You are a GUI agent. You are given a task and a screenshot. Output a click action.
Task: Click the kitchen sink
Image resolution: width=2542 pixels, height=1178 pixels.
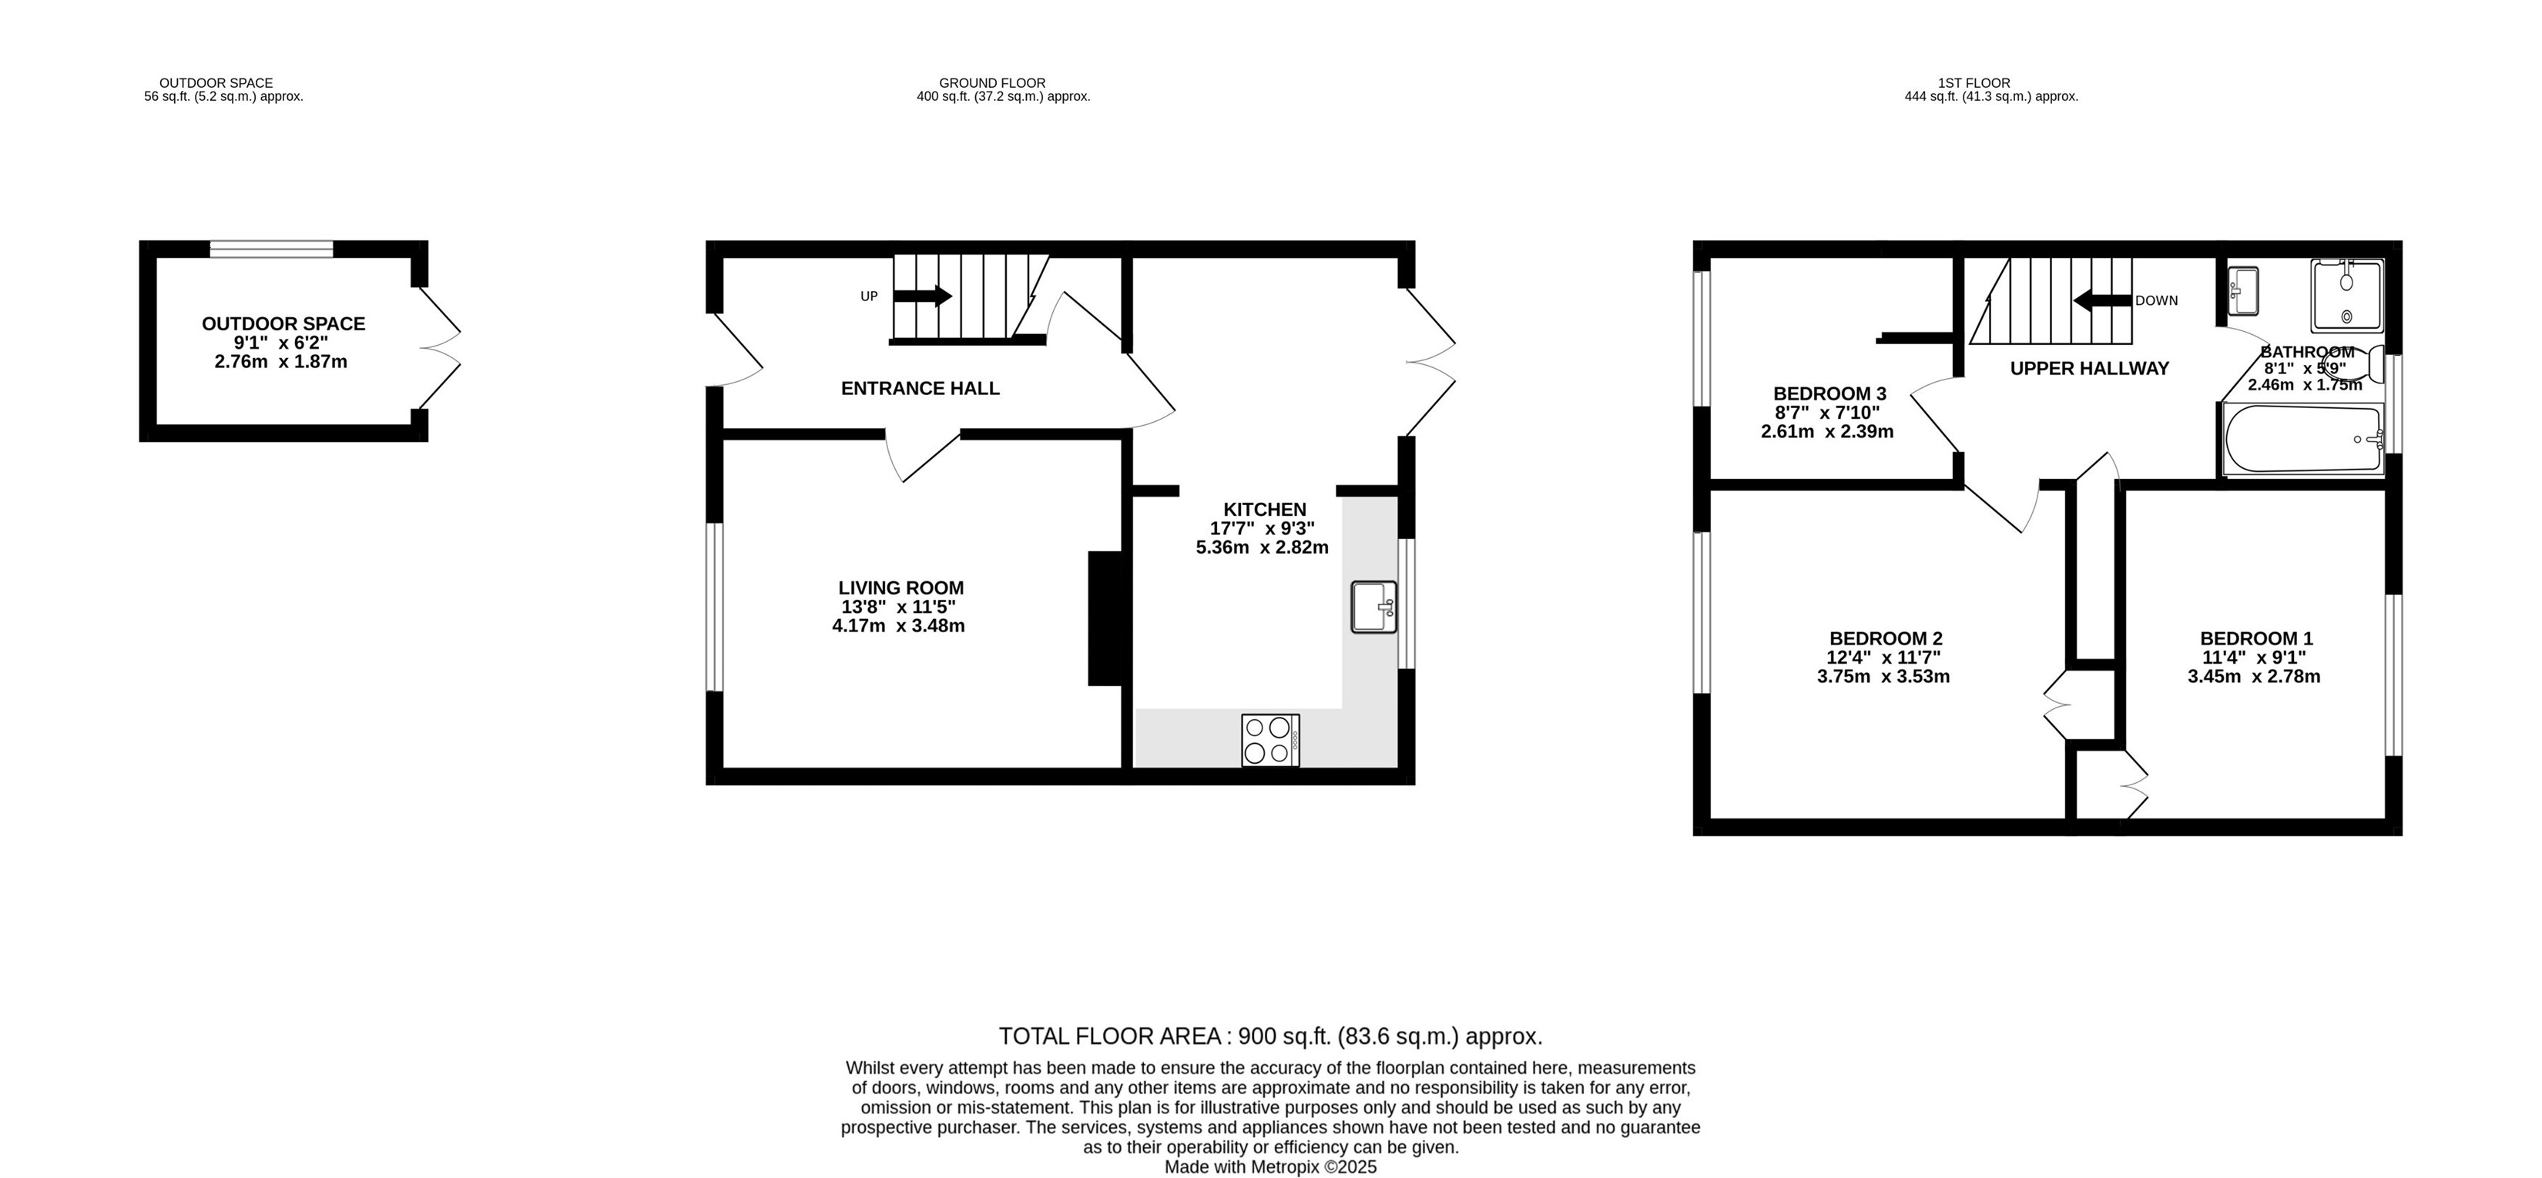coord(1373,607)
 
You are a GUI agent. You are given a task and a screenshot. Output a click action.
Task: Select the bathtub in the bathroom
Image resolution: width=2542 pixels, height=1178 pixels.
coord(2303,439)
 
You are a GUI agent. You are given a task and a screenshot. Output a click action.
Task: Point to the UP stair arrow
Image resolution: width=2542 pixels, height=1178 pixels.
coord(923,296)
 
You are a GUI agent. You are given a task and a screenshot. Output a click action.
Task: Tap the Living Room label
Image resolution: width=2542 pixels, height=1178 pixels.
coord(901,588)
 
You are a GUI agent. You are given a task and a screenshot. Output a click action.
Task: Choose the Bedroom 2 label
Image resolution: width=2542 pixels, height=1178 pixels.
coord(1886,639)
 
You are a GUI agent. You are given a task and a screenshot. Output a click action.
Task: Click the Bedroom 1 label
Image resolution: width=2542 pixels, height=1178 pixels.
coord(2255,639)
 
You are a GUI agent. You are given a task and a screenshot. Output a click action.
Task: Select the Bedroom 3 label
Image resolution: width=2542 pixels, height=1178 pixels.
coord(1829,393)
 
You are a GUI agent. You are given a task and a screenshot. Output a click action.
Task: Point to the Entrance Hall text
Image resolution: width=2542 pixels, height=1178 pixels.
coord(920,389)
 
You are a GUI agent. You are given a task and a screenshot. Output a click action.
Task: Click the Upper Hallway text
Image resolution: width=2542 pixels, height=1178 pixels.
coord(2090,368)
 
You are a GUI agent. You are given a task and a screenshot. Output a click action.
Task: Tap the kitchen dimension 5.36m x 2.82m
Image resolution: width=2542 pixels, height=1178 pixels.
coord(1262,547)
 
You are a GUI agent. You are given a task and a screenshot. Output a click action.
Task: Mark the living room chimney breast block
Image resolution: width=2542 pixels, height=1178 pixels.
coord(1105,618)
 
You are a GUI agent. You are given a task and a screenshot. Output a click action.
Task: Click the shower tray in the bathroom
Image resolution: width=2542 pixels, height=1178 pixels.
coord(2346,295)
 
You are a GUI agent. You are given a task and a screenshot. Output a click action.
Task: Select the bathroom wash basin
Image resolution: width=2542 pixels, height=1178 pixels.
coord(2243,290)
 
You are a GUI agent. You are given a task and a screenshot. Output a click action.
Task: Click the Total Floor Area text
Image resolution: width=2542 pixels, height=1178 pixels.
coord(1270,1037)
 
